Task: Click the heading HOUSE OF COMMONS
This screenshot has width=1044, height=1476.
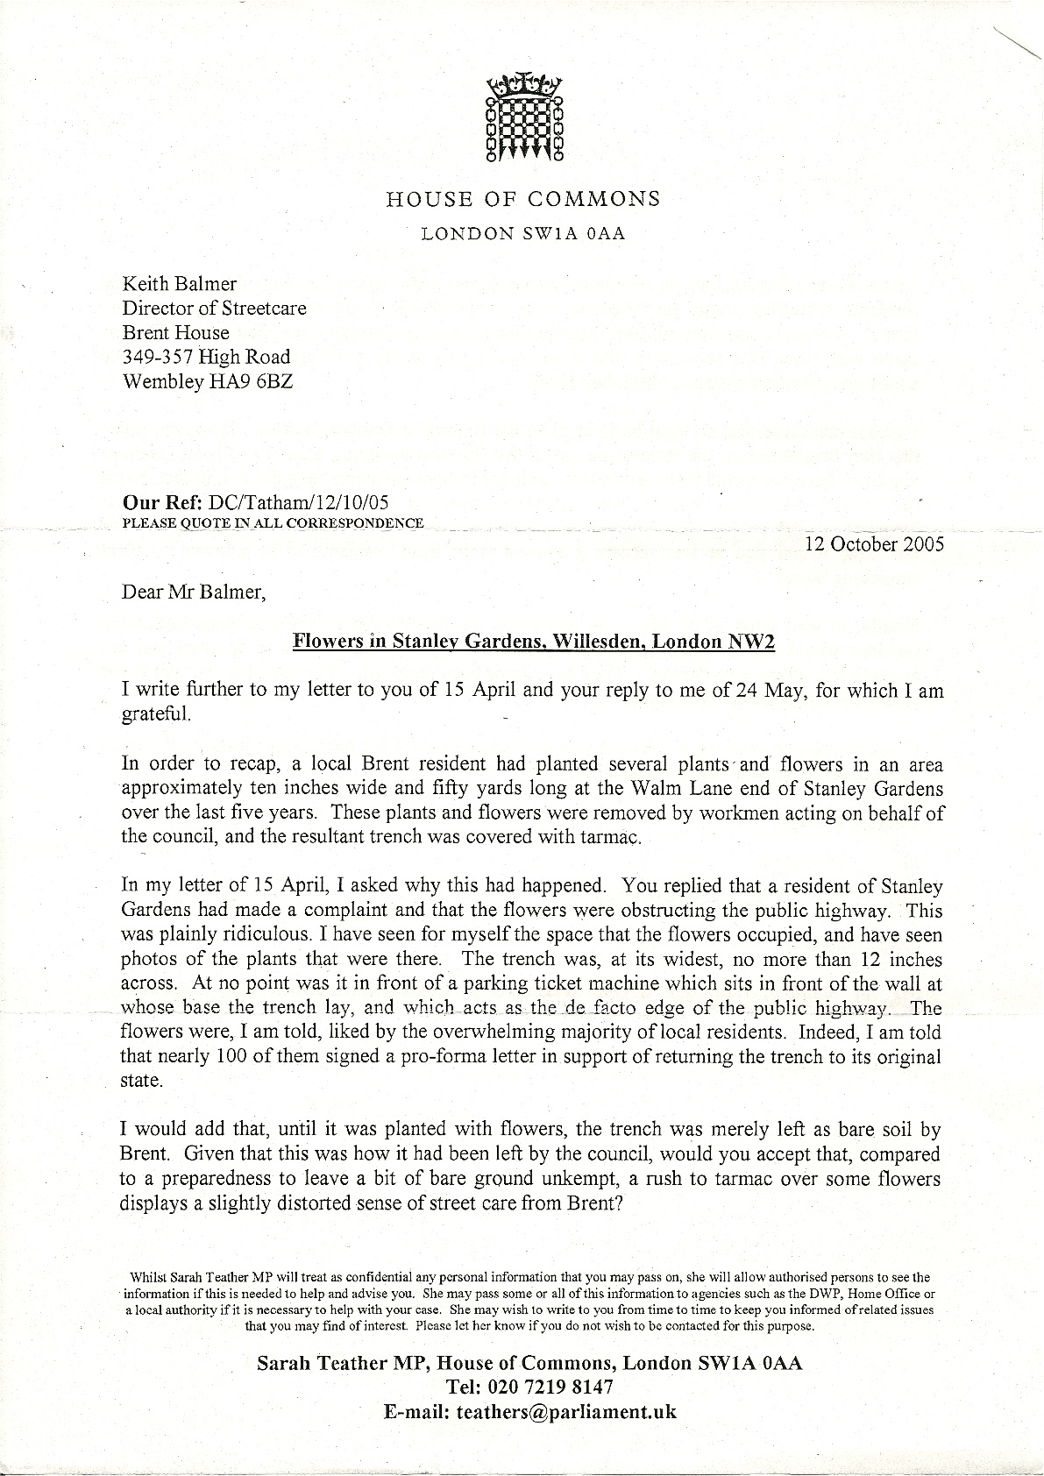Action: [523, 199]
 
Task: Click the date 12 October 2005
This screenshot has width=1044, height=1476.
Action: [874, 543]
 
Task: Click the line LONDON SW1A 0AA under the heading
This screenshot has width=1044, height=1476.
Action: [523, 235]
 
